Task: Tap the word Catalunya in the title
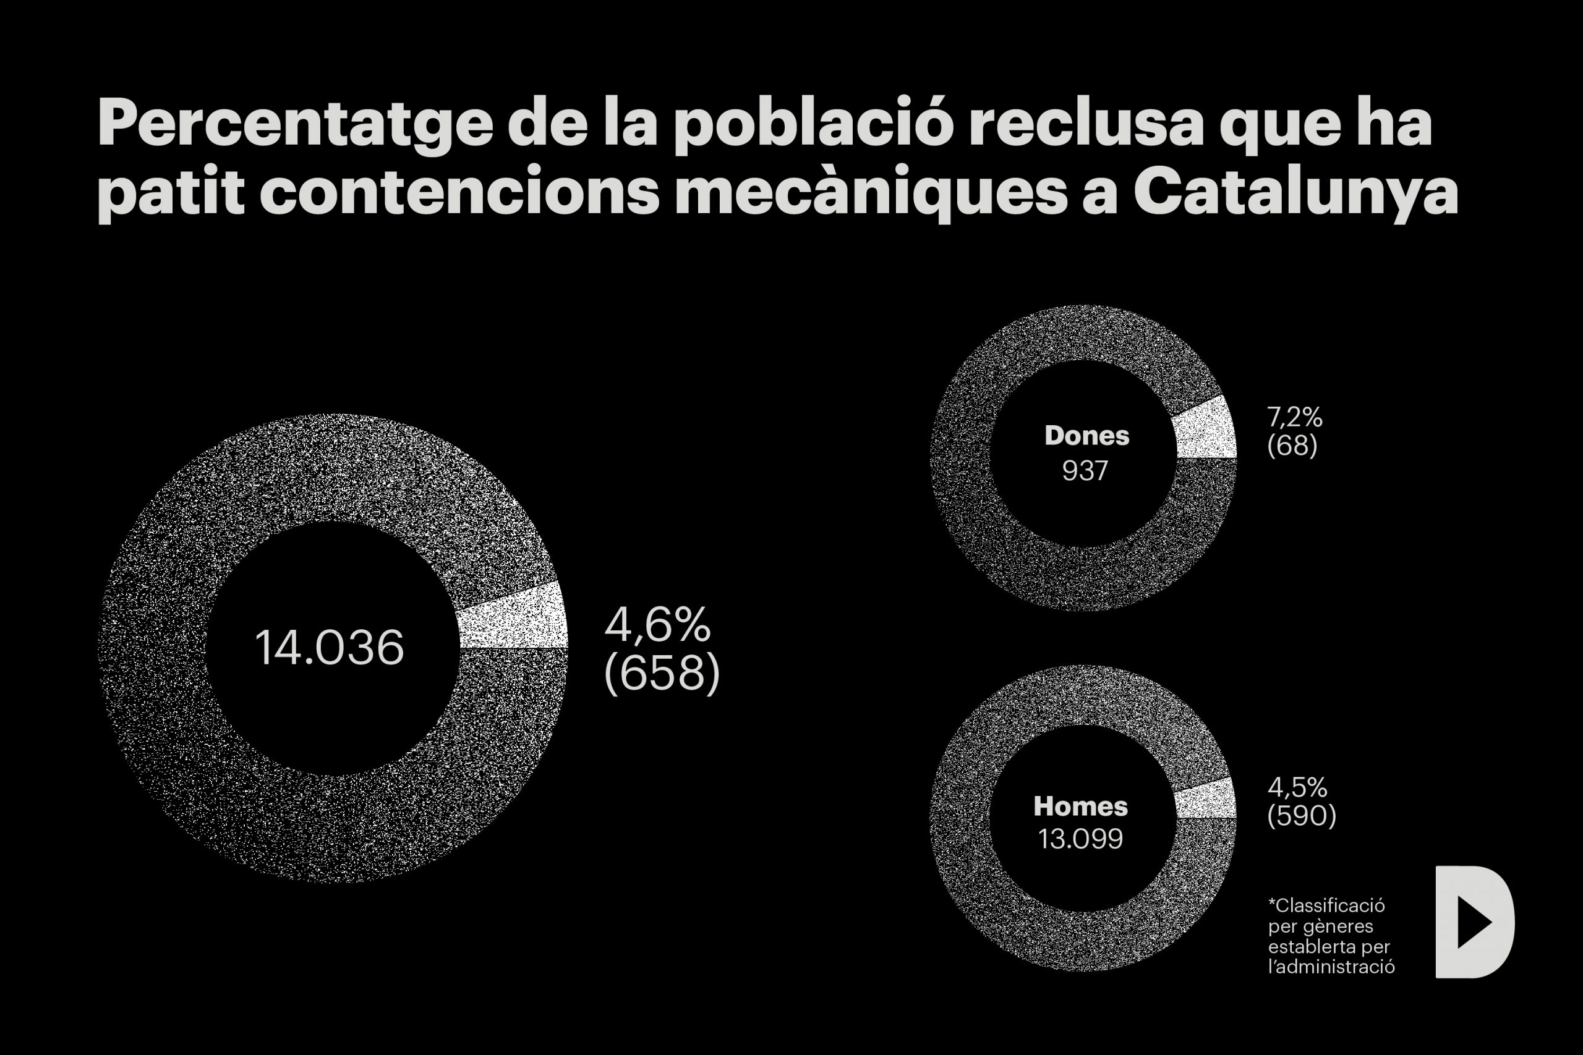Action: (1295, 192)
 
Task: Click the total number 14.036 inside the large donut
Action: (329, 647)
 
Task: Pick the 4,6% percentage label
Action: (657, 624)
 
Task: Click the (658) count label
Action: (662, 673)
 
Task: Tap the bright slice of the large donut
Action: (514, 617)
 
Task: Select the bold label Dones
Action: (1086, 435)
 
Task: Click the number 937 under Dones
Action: (1084, 470)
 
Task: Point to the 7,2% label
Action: (1294, 417)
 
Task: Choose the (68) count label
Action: (1292, 446)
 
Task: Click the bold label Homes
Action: (1080, 805)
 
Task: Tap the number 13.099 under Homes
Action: (1080, 838)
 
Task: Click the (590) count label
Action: (1301, 815)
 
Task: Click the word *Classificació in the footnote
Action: (1326, 905)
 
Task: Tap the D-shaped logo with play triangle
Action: (1474, 921)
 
